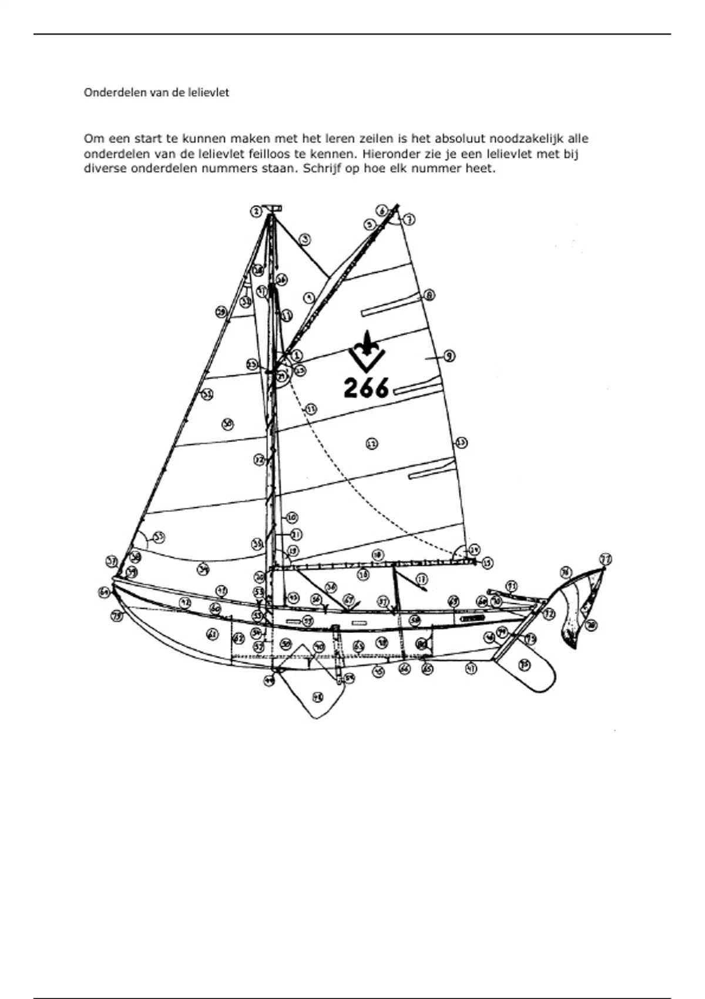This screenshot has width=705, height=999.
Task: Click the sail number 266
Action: tap(366, 387)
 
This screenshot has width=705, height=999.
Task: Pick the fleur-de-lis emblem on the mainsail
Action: tap(366, 351)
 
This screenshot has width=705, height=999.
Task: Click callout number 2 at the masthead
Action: tap(256, 211)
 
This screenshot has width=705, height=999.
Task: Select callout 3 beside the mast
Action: tap(304, 239)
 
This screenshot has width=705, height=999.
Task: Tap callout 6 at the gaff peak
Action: tap(382, 210)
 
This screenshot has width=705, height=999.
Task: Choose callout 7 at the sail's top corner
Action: tap(409, 219)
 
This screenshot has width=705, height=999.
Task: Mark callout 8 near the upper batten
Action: tap(429, 295)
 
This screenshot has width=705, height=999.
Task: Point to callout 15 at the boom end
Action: tap(487, 563)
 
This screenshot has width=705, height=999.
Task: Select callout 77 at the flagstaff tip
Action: tap(605, 558)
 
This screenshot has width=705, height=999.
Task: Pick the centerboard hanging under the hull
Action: tap(314, 688)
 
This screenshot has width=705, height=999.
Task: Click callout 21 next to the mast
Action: tap(296, 534)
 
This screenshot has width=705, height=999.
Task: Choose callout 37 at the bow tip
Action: tap(112, 561)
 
